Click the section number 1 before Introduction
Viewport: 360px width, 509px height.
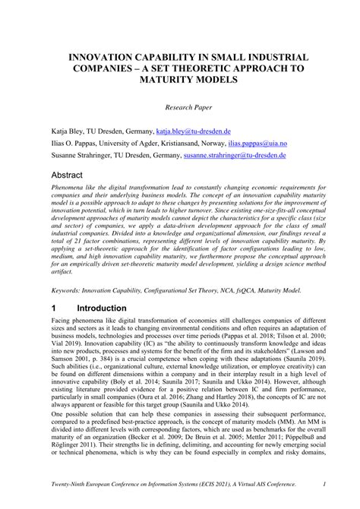(54, 308)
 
